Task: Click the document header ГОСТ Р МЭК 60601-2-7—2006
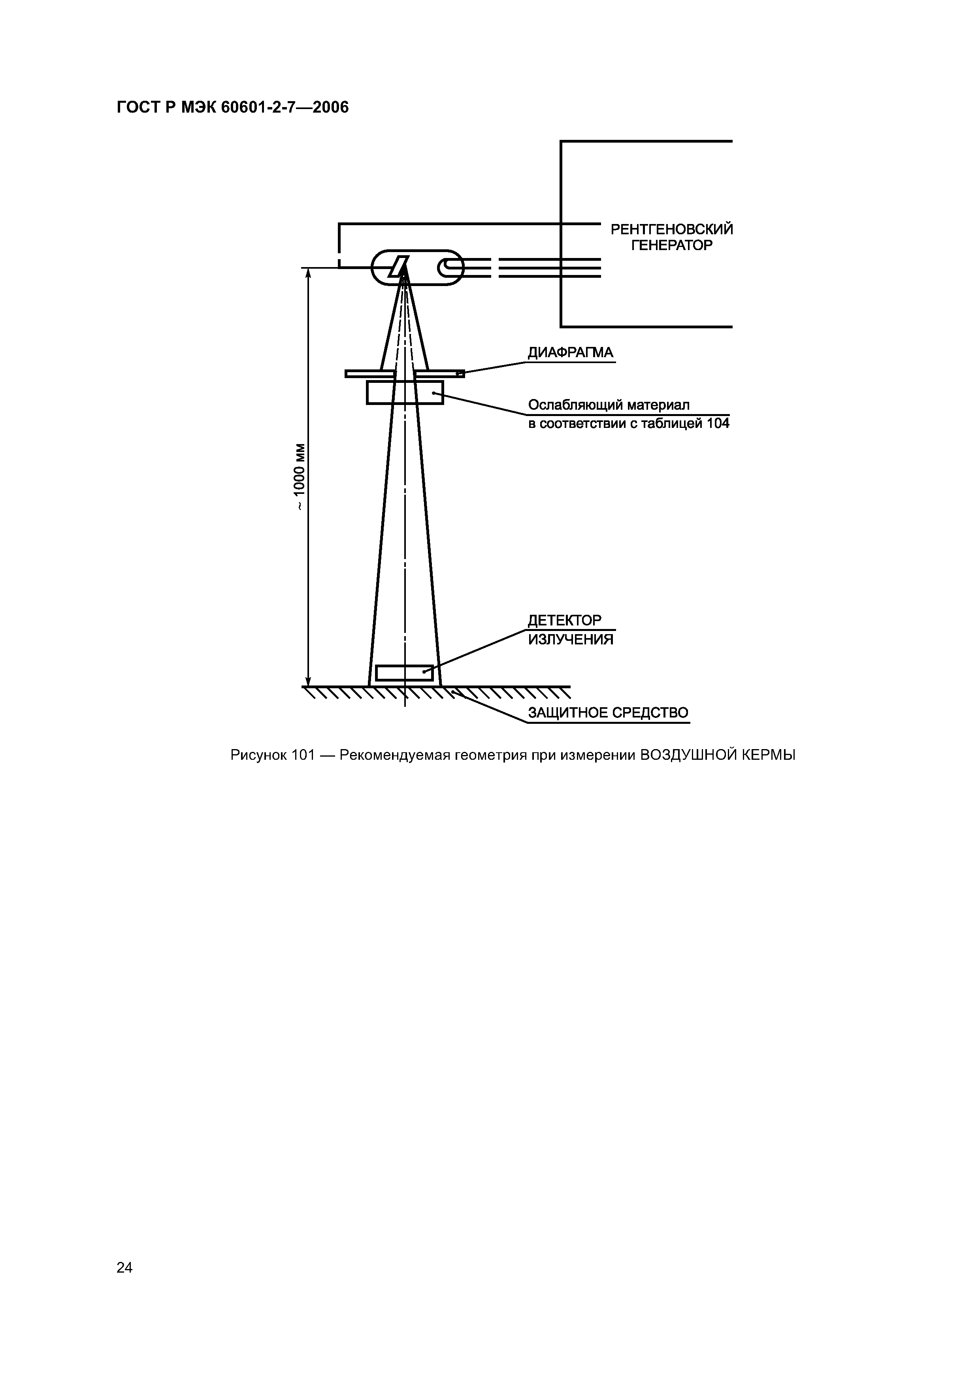(232, 107)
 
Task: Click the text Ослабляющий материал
(609, 405)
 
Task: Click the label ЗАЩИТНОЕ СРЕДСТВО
(608, 713)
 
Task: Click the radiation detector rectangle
(404, 672)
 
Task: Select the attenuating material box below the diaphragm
(405, 392)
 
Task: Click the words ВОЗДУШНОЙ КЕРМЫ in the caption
(717, 755)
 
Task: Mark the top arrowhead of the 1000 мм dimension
(308, 273)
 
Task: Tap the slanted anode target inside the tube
(399, 266)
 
